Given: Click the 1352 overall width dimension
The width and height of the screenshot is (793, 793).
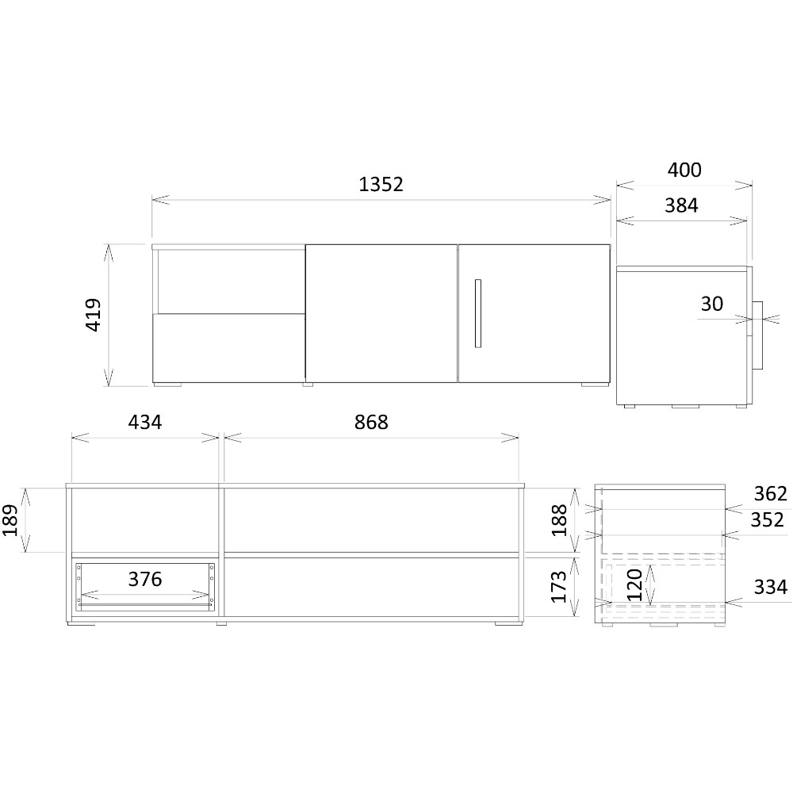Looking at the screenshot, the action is [381, 185].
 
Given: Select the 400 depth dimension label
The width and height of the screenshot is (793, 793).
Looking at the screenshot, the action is [684, 170].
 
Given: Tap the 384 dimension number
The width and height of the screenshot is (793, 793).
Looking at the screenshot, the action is [681, 205].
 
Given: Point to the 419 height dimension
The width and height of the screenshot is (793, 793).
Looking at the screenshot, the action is [94, 315].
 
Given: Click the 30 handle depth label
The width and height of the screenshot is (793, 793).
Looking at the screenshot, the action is [712, 304].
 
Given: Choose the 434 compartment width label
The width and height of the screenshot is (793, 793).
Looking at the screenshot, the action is [145, 423].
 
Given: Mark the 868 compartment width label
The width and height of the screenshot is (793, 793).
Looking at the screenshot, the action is [371, 423].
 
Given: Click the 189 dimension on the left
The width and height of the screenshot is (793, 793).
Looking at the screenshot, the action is [10, 520].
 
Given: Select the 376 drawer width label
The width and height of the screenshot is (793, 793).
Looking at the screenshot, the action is [145, 579].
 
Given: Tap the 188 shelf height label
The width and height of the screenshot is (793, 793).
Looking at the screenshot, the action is [559, 520].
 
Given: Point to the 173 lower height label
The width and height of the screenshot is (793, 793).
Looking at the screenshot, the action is [559, 587].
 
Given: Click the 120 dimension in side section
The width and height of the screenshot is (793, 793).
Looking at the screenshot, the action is [634, 584].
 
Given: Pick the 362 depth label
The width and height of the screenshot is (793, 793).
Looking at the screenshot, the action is [771, 493].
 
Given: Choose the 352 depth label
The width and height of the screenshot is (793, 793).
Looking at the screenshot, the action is [767, 520].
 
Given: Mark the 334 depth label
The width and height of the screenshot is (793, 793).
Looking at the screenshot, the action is [771, 587].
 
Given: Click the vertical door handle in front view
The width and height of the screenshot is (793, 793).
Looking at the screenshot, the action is [478, 313].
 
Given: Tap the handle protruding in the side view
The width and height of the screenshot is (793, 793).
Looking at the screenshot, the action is [757, 335].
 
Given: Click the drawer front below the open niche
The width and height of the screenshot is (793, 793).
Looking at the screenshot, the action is [229, 348].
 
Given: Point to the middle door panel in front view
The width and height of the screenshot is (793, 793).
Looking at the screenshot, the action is [381, 313].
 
